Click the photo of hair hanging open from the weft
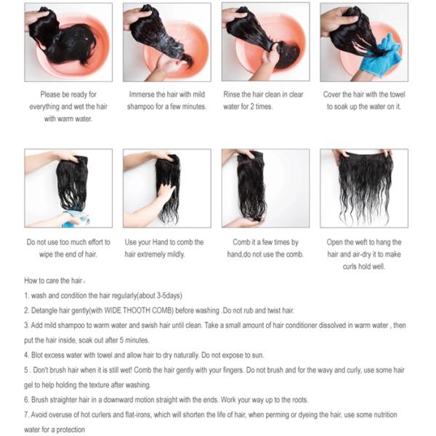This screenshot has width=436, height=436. coord(364,188)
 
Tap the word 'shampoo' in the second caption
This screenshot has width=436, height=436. coord(141,107)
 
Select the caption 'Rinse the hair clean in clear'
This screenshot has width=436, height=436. coord(263,94)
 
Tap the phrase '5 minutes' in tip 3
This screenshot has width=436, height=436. coord(134,340)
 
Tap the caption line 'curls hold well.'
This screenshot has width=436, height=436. coord(364,267)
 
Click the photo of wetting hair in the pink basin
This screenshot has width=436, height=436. coord(68,42)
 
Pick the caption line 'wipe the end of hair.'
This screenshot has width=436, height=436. coord(68,254)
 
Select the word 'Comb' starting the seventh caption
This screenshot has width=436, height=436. coord(241,242)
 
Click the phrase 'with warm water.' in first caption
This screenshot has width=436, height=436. coord(68,119)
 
